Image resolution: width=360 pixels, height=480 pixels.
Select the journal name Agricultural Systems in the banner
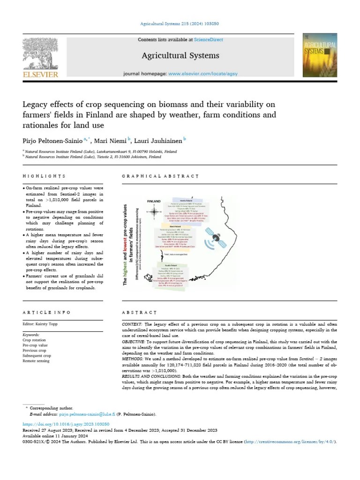(180, 56)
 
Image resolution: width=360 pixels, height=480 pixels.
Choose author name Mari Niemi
(112, 140)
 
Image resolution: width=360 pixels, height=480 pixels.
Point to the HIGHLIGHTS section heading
(44, 176)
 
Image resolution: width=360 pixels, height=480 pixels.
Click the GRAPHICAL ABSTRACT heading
(160, 176)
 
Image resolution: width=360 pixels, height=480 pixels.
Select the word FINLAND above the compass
(154, 201)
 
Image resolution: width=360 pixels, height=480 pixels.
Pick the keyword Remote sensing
(36, 361)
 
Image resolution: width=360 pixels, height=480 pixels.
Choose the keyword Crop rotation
(34, 340)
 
